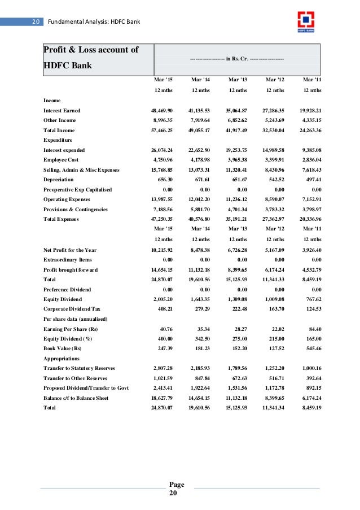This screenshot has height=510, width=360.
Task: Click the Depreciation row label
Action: click(x=58, y=180)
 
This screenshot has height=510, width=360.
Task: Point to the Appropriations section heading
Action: click(x=62, y=358)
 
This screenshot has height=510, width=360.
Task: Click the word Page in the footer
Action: click(x=177, y=484)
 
